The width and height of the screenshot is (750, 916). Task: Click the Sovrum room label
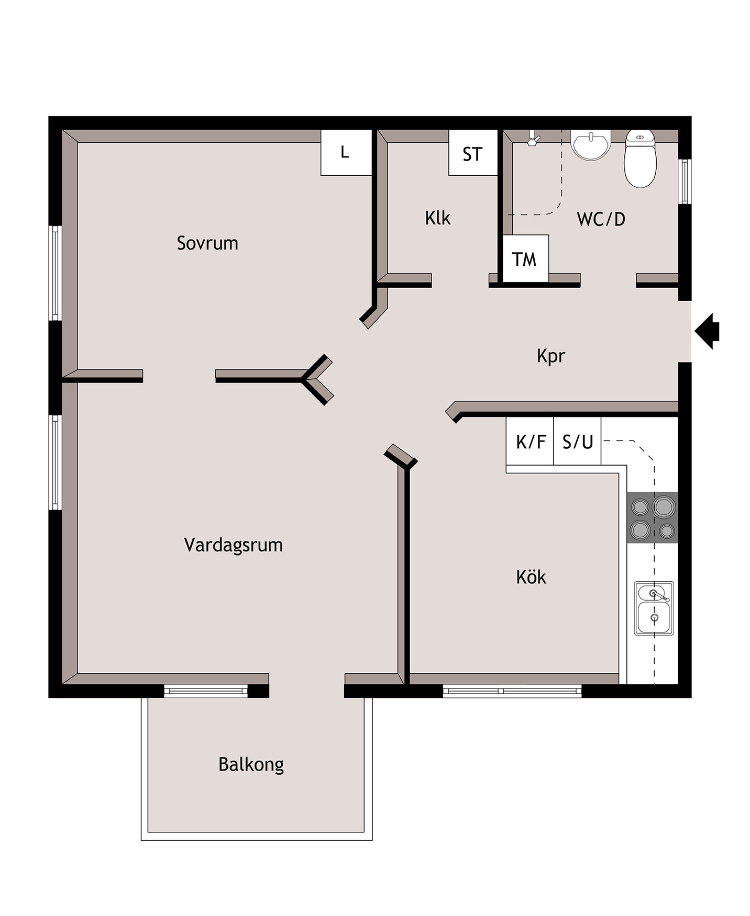pyautogui.click(x=207, y=243)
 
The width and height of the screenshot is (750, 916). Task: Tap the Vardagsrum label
pyautogui.click(x=234, y=545)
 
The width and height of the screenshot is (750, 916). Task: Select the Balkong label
pyautogui.click(x=251, y=765)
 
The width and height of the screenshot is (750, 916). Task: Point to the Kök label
pyautogui.click(x=531, y=577)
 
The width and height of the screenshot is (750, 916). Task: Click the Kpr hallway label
pyautogui.click(x=551, y=356)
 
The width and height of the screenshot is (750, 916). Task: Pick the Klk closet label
pyautogui.click(x=438, y=218)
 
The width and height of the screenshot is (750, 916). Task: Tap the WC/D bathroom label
pyautogui.click(x=601, y=219)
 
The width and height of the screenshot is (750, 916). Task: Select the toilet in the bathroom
pyautogui.click(x=640, y=159)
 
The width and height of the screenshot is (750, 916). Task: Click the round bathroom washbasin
pyautogui.click(x=591, y=144)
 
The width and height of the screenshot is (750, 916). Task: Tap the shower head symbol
pyautogui.click(x=533, y=139)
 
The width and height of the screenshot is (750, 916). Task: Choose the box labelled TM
pyautogui.click(x=525, y=258)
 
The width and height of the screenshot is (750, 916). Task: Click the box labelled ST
pyautogui.click(x=472, y=153)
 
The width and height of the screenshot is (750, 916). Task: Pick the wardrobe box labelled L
pyautogui.click(x=346, y=152)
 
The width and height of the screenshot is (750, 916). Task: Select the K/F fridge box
pyautogui.click(x=530, y=441)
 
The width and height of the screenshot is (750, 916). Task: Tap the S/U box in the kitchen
pyautogui.click(x=577, y=441)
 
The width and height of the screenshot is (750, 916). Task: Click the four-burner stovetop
pyautogui.click(x=653, y=518)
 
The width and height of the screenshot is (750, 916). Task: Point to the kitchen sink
pyautogui.click(x=654, y=608)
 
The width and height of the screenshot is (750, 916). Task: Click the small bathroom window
pyautogui.click(x=685, y=181)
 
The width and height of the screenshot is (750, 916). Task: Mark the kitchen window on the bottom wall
pyautogui.click(x=512, y=691)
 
